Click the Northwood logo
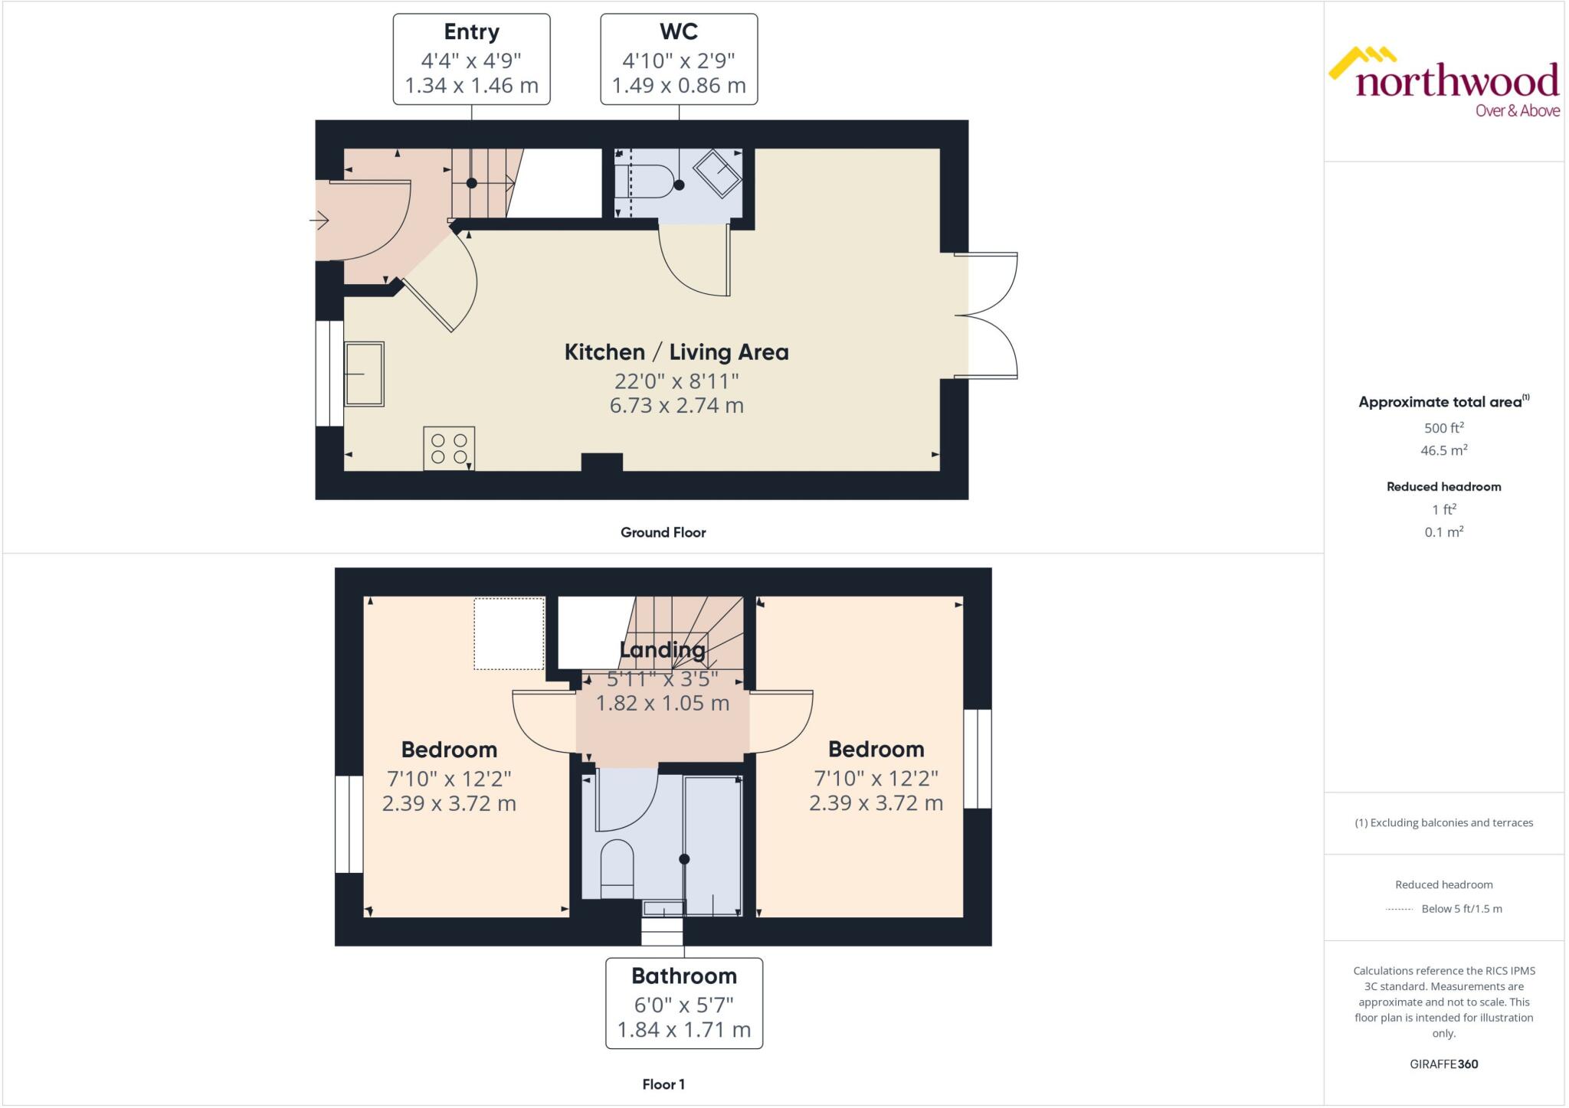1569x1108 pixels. (1443, 83)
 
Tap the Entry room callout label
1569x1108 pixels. (471, 59)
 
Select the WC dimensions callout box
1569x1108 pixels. (679, 59)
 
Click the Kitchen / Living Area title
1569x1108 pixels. (676, 352)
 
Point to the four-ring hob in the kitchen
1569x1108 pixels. (449, 448)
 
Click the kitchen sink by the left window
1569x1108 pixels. (364, 374)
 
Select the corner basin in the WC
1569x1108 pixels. (717, 174)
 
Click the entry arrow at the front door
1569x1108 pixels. (319, 221)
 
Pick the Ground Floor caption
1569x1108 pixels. (663, 532)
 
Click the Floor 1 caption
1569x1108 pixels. (663, 1084)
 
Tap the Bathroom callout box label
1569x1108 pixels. (684, 976)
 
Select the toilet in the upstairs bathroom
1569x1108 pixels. (617, 868)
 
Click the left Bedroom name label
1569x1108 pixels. (449, 750)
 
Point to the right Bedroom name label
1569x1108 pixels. (876, 749)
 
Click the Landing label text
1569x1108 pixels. (662, 650)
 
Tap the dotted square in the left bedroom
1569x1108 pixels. (509, 633)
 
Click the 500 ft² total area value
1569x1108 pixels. (1443, 428)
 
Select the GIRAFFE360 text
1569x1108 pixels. (1443, 1064)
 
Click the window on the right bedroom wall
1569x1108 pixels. (977, 759)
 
